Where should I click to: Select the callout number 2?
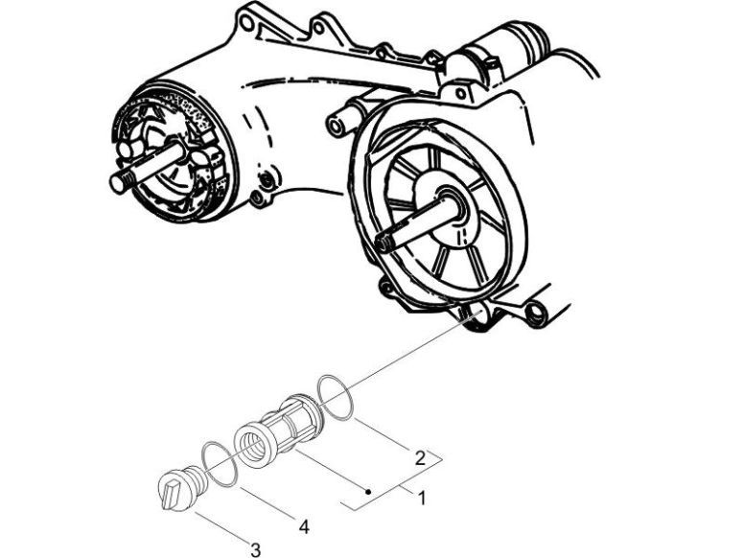point(419,459)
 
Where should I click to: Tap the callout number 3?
point(255,548)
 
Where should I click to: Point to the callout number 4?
point(303,526)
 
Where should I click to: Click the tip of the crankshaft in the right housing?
point(383,242)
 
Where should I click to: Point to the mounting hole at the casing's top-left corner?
point(246,19)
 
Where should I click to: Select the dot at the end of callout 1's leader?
point(369,491)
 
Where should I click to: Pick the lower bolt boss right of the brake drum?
point(256,198)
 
